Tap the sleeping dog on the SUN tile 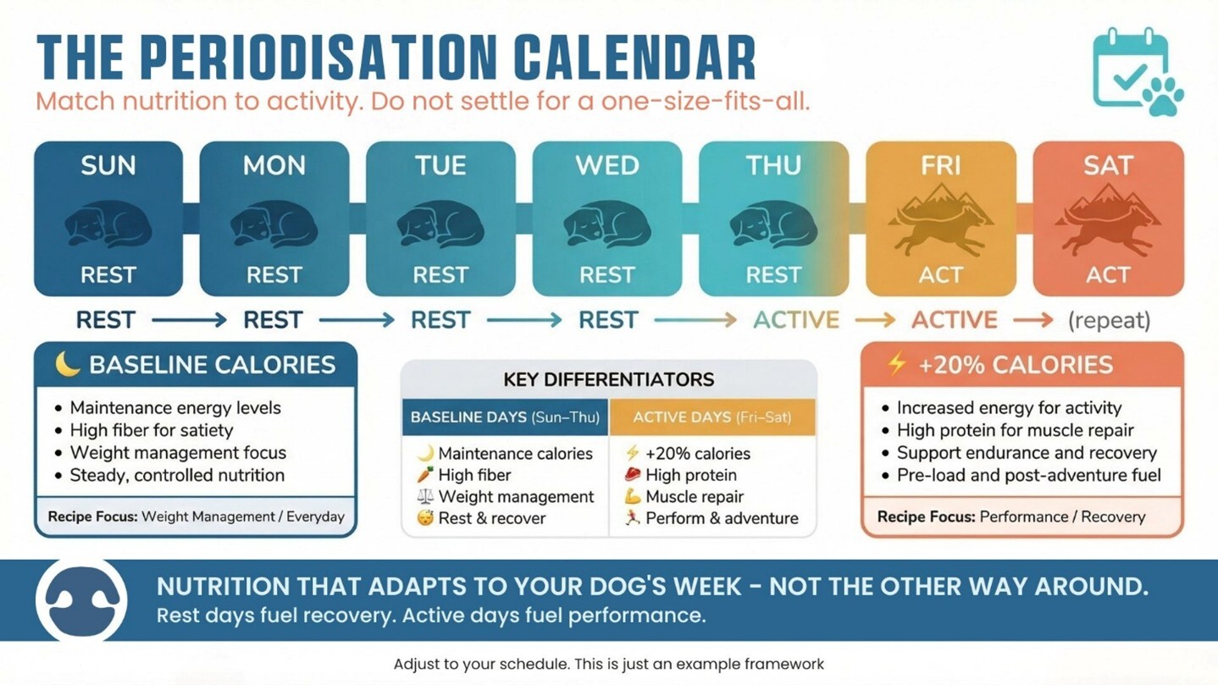[x=108, y=225]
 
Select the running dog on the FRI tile [x=940, y=224]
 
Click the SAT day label [x=1108, y=166]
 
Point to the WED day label [x=606, y=165]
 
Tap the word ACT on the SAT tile [x=1108, y=275]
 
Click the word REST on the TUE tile [x=440, y=275]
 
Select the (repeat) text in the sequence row [x=1109, y=320]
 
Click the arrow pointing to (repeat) [x=1033, y=320]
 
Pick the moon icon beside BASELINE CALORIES [x=67, y=364]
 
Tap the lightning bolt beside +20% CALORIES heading [x=895, y=364]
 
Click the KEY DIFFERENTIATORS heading [x=608, y=378]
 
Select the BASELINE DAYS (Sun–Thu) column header [x=505, y=417]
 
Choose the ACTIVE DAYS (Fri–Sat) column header [x=711, y=417]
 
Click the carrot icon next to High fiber [x=424, y=475]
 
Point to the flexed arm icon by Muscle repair [x=632, y=496]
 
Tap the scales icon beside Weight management [x=424, y=496]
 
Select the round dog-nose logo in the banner [x=81, y=600]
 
